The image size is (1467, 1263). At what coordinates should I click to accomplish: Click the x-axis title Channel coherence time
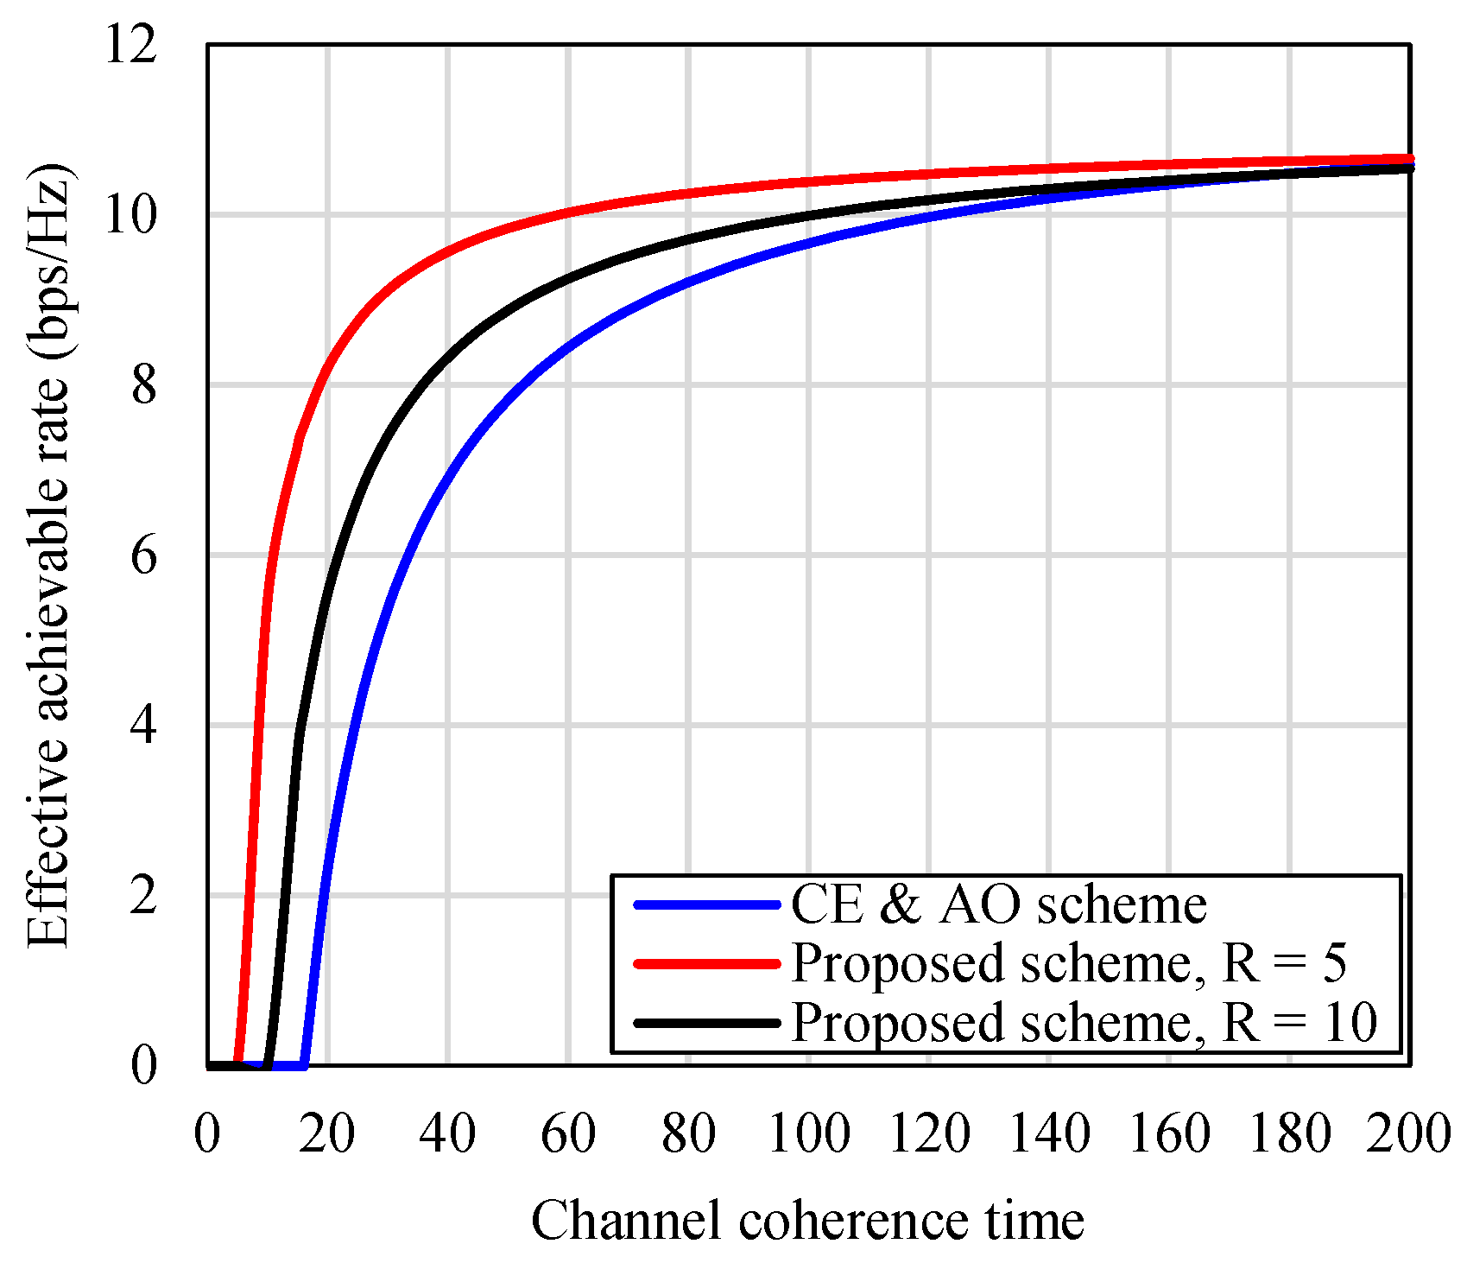pos(807,1222)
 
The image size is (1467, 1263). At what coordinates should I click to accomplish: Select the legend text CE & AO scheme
pos(998,905)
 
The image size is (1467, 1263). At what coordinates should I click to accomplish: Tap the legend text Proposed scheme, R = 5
pos(1068,963)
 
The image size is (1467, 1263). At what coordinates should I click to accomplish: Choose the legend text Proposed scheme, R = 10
pos(1084,1023)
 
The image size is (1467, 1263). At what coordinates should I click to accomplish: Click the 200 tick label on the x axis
pos(1408,1133)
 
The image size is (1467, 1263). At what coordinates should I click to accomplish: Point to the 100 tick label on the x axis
pos(808,1133)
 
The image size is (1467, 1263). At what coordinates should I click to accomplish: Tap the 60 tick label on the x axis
pos(568,1133)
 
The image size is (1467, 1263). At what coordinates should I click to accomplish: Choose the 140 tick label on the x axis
pos(1049,1133)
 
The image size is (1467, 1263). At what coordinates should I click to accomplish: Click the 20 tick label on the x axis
pos(327,1133)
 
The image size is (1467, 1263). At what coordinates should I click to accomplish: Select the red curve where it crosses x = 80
pos(688,194)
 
